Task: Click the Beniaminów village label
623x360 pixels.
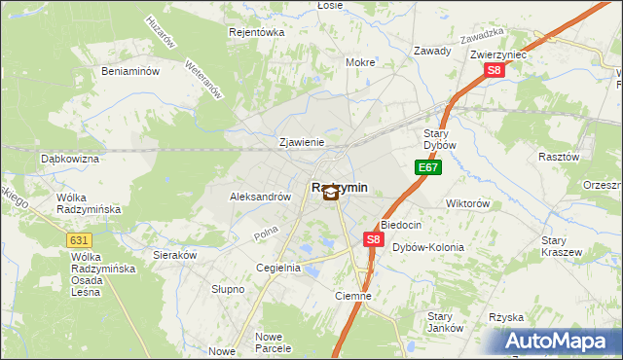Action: click(130, 71)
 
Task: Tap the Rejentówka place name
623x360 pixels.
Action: click(255, 32)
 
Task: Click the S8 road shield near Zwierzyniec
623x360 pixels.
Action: click(495, 70)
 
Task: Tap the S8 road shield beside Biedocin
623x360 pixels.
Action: click(373, 238)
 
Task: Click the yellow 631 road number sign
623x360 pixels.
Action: click(81, 239)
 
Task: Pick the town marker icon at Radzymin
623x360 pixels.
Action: click(331, 193)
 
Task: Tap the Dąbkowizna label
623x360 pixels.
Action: click(70, 158)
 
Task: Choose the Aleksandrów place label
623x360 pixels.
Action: click(260, 196)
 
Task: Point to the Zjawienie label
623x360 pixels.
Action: click(301, 141)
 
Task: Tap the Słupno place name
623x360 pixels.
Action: click(228, 289)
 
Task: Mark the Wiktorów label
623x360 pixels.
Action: click(467, 203)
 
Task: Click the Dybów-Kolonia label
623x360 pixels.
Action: click(428, 247)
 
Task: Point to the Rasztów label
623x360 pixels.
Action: click(559, 156)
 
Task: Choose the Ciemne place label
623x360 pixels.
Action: click(352, 296)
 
